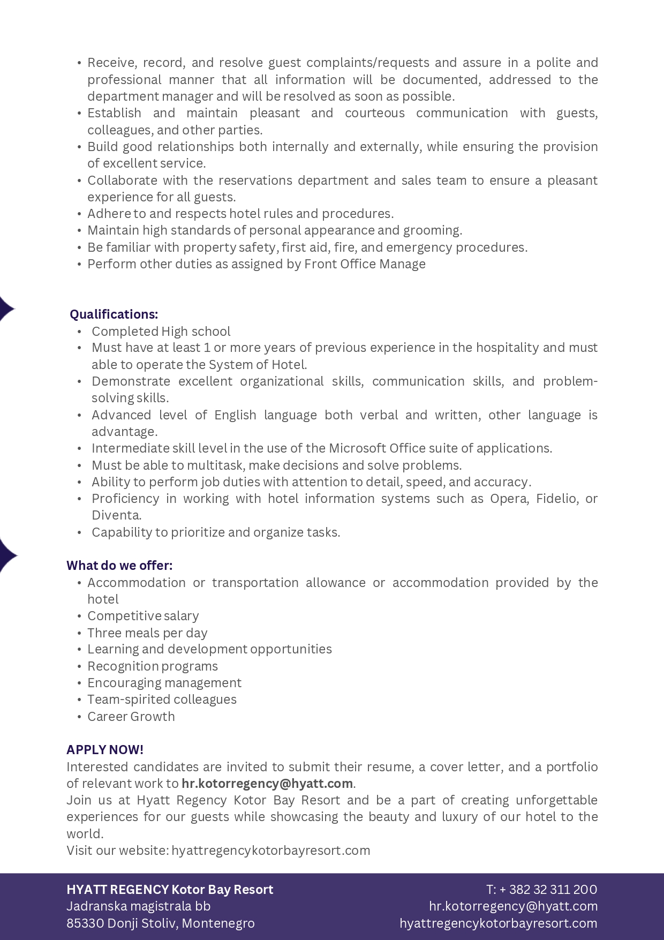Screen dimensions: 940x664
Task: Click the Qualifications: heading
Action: [x=114, y=314]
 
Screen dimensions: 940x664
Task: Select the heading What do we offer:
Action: [x=119, y=566]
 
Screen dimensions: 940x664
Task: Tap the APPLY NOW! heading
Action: [x=105, y=750]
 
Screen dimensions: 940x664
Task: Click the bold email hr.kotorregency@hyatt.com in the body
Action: [x=267, y=784]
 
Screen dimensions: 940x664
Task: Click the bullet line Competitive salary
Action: [x=143, y=616]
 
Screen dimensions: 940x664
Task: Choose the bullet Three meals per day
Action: [x=147, y=633]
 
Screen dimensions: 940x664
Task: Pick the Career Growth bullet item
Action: [x=131, y=717]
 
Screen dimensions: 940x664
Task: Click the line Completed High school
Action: [x=161, y=332]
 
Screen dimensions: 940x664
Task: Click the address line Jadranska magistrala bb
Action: [x=138, y=906]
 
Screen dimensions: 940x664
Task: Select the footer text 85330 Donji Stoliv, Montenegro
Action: [x=161, y=923]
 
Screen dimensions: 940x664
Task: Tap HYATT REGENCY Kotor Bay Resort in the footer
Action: [x=170, y=890]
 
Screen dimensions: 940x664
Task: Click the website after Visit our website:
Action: [x=270, y=851]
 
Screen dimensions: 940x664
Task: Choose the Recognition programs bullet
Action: [x=153, y=666]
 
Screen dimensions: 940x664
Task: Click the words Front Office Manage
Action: [x=365, y=264]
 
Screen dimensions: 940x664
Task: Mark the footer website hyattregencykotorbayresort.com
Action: [x=498, y=923]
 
